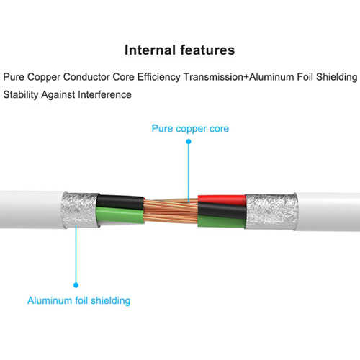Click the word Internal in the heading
pos(150,50)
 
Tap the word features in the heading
pos(207,50)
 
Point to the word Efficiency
pos(158,77)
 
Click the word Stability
pos(21,94)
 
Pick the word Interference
pos(105,94)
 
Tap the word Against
pos(58,95)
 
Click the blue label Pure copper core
pos(190,129)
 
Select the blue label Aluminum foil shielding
pos(79,300)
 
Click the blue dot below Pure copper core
pos(189,142)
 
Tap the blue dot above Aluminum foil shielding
pos(76,285)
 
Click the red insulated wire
pos(222,200)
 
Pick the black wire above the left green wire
pos(120,202)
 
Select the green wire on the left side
pos(120,215)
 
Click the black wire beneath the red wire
pos(222,210)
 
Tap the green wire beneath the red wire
pos(221,221)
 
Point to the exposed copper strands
pos(171,210)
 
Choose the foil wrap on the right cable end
pos(271,212)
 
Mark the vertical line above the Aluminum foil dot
pos(76,253)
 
